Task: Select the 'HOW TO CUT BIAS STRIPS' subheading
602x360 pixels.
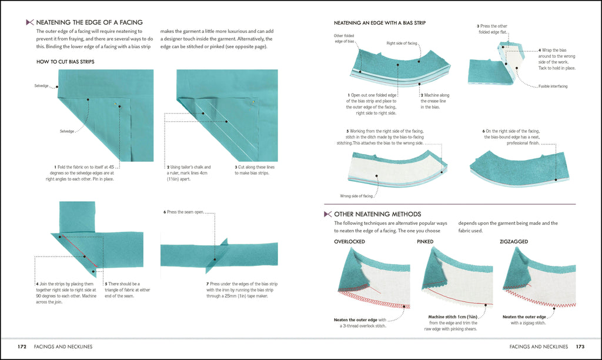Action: (65, 61)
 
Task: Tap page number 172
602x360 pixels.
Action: (23, 346)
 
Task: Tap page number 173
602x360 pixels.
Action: (579, 346)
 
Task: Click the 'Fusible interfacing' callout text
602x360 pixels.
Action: (553, 86)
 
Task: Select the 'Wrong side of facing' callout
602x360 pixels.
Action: (356, 196)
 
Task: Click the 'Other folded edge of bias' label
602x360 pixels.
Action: (344, 39)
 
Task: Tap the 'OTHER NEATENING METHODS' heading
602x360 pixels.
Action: (377, 214)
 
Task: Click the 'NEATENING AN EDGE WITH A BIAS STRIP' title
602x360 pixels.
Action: (380, 23)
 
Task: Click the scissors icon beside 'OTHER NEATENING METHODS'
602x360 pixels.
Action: (327, 214)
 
